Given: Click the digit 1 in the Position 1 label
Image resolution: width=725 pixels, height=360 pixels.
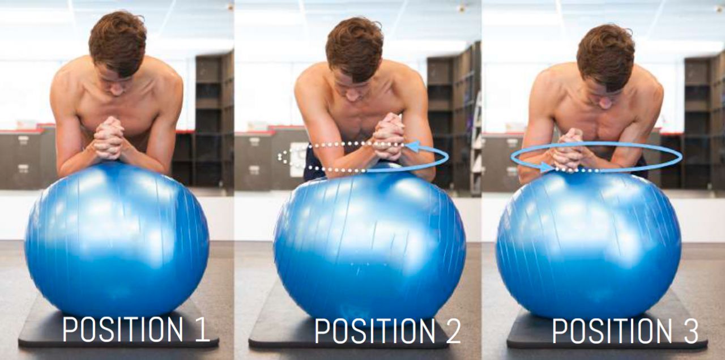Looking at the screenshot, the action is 201,329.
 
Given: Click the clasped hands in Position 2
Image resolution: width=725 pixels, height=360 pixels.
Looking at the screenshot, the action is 389,136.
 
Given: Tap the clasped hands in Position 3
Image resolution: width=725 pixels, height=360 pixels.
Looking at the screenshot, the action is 570,149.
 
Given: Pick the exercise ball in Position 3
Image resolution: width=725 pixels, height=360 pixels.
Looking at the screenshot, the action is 589,246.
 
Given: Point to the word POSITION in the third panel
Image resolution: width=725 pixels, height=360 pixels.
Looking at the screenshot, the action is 612,331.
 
